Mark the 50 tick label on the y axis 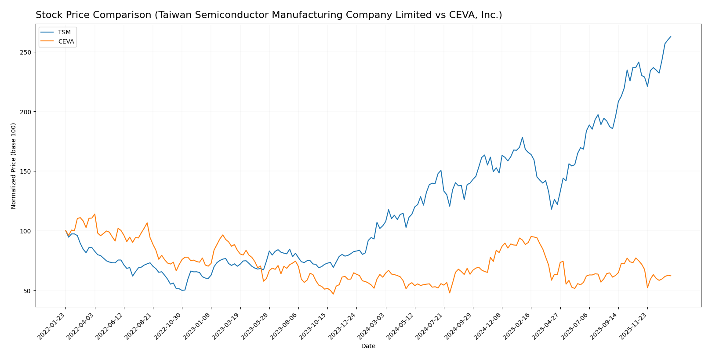coord(27,291)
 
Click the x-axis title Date coord(368,346)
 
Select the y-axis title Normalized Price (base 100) coord(14,166)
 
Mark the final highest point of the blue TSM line coord(671,36)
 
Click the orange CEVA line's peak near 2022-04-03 coord(94,214)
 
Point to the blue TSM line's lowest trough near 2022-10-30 coord(182,291)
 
